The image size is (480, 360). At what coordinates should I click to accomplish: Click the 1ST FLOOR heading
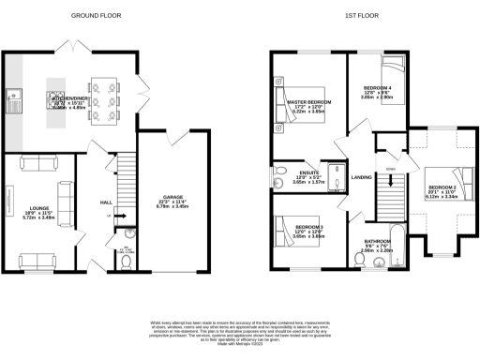click(x=361, y=16)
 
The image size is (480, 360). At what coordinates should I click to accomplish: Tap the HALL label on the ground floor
click(x=106, y=203)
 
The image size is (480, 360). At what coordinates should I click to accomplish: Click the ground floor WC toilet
click(x=125, y=260)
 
